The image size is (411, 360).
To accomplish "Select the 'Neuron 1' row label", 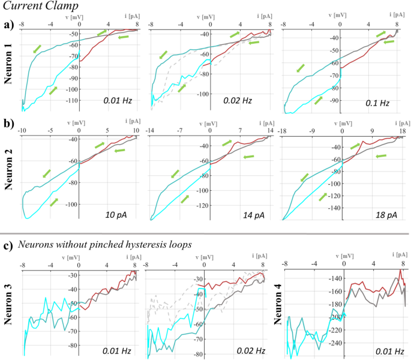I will pyautogui.click(x=8, y=66).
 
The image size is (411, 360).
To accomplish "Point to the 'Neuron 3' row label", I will pyautogui.click(x=8, y=307).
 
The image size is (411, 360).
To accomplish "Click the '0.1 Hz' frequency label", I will pyautogui.click(x=378, y=103).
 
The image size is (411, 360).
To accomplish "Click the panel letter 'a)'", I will pyautogui.click(x=8, y=25).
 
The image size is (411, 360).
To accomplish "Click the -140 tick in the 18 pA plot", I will pyautogui.click(x=332, y=208).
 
